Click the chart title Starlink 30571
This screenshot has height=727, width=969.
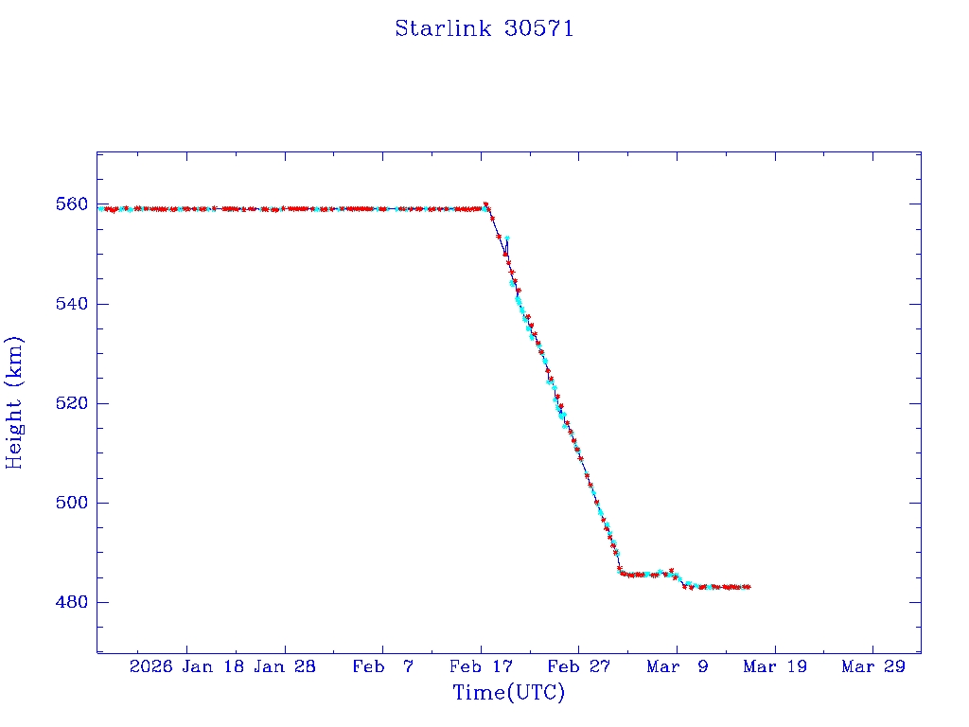484,28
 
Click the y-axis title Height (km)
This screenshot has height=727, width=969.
14,402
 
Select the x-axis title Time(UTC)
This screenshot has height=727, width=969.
508,693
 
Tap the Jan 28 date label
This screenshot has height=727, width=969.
285,666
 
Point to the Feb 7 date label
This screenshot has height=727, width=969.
382,666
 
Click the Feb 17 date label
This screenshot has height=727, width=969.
481,666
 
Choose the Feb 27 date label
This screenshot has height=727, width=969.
578,666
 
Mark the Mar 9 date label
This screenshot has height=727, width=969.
677,666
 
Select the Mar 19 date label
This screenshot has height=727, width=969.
774,666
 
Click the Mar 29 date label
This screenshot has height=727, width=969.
872,666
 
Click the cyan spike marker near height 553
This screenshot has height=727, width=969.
507,239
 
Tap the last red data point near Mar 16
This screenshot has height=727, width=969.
749,587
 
